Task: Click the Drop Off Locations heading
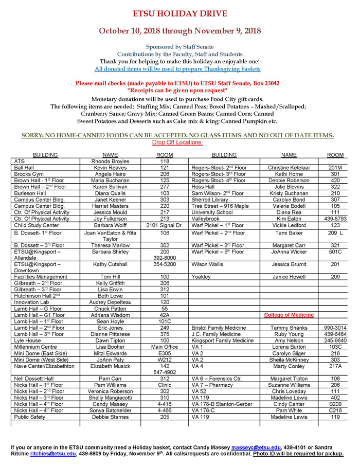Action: tap(177, 142)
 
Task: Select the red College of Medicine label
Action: tap(289, 315)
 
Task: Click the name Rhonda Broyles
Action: tap(110, 161)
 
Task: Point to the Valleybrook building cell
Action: tap(207, 218)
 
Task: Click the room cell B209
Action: tap(335, 404)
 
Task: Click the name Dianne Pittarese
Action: tap(110, 334)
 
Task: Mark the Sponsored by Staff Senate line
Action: tap(179, 47)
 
